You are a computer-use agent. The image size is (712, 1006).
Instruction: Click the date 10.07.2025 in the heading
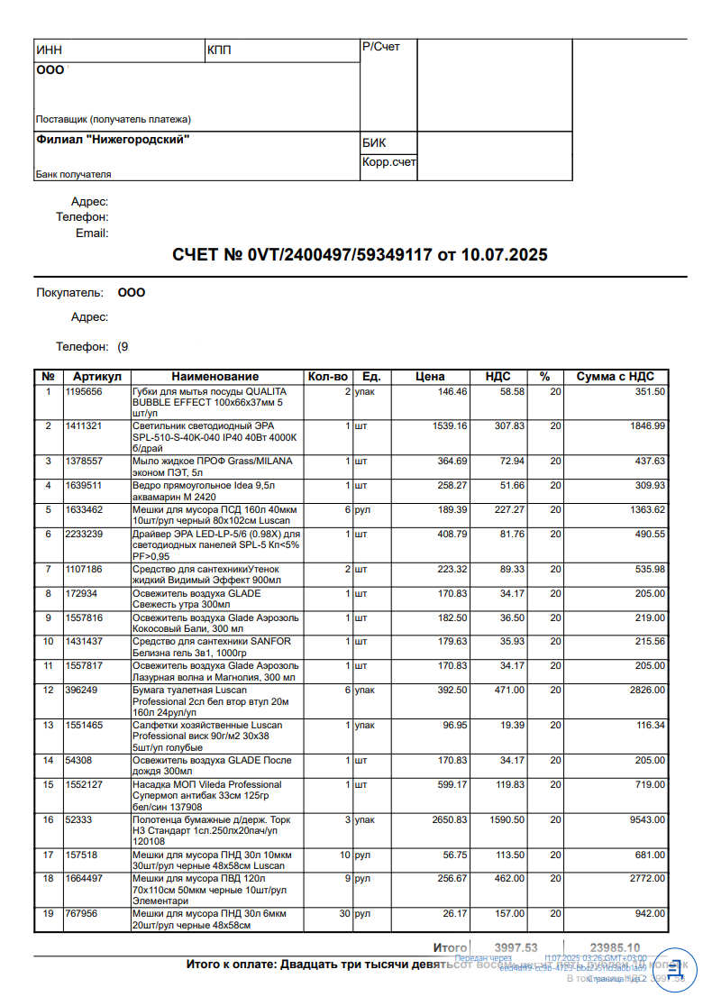click(x=504, y=255)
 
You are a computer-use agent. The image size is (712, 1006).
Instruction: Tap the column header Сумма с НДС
click(x=616, y=376)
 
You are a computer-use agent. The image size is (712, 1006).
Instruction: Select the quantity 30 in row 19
click(x=342, y=913)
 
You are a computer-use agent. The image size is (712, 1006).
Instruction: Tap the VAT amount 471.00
click(x=509, y=690)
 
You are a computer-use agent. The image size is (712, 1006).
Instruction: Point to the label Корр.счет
click(x=389, y=162)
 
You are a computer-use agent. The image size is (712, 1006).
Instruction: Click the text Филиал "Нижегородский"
click(x=113, y=140)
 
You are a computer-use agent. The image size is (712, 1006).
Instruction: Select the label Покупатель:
click(x=70, y=293)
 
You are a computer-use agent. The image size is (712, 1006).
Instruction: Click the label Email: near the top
click(x=92, y=233)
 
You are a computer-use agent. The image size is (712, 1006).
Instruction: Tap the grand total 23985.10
click(x=615, y=947)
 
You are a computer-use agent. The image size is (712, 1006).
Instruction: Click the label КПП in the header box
click(x=219, y=50)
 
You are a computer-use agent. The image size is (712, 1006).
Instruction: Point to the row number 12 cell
click(x=48, y=690)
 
